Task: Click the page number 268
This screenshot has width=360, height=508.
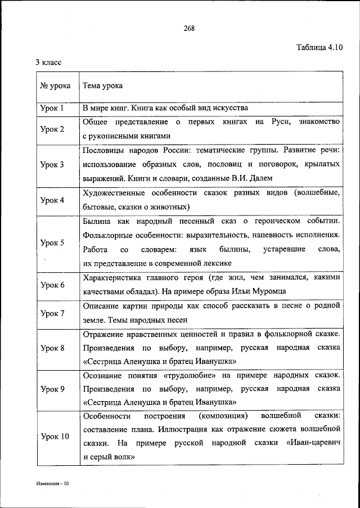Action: coord(189,28)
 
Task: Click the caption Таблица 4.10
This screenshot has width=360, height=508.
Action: coord(319,47)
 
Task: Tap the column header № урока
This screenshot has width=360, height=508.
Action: coord(55,86)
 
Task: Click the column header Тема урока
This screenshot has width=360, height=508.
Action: coord(102,86)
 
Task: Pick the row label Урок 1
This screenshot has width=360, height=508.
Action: coord(52,107)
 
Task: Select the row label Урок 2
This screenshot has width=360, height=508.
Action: coord(52,129)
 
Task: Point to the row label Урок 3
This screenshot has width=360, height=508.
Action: coord(52,165)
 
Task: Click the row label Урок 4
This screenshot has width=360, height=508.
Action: coord(52,200)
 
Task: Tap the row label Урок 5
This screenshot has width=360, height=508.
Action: coord(52,243)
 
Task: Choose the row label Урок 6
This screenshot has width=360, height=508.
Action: coord(52,285)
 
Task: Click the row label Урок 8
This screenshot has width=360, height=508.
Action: coord(52,348)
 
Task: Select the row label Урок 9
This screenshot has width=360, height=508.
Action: coord(52,389)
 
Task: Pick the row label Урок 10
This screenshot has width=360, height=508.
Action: coord(55,437)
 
